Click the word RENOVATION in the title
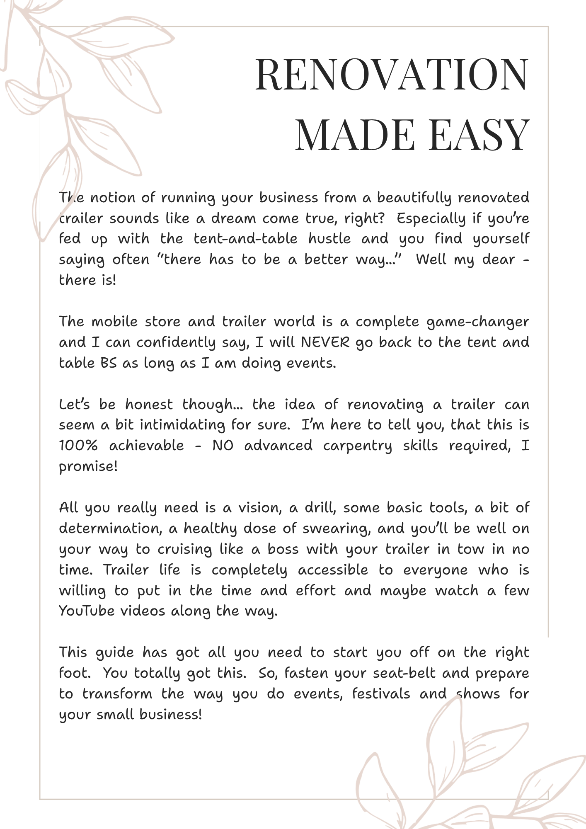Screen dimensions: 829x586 click(392, 75)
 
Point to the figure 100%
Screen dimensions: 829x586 click(78, 446)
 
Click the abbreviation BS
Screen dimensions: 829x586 click(109, 363)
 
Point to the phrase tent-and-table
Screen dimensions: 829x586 click(245, 239)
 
